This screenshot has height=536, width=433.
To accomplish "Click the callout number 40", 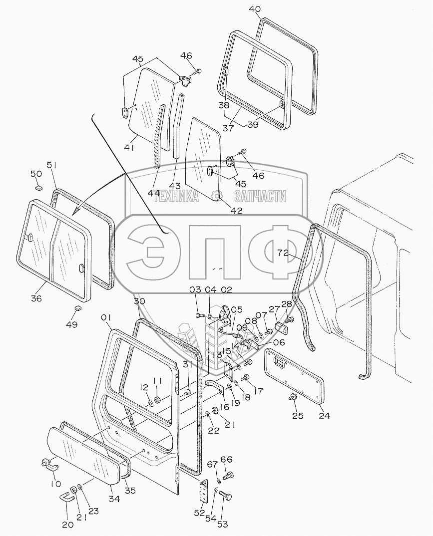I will click(255, 9).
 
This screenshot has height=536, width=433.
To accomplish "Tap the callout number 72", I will click(283, 253).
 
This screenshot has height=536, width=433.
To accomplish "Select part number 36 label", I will click(36, 298).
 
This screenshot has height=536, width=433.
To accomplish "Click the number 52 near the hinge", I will click(200, 513).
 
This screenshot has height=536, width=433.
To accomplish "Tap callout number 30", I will click(139, 301).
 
